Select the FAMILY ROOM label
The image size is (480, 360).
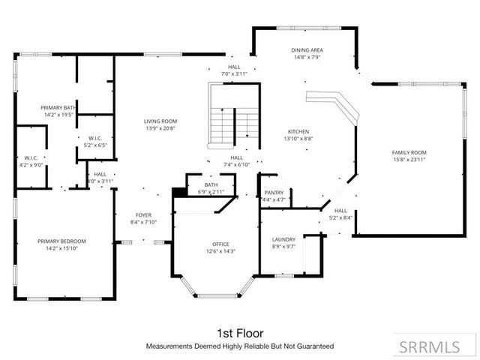pyautogui.click(x=409, y=152)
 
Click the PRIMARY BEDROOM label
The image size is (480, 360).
pyautogui.click(x=62, y=241)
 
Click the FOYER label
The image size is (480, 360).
pyautogui.click(x=143, y=214)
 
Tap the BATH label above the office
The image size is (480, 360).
pyautogui.click(x=211, y=185)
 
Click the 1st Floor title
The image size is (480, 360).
pyautogui.click(x=239, y=332)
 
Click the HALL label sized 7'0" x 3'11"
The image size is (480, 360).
pyautogui.click(x=234, y=67)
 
